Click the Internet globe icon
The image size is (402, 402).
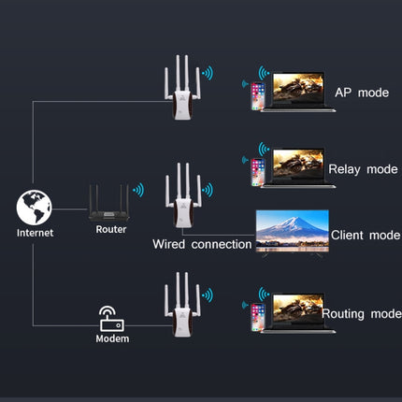pyautogui.click(x=35, y=208)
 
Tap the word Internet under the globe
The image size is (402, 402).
pyautogui.click(x=36, y=233)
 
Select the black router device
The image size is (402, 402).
pyautogui.click(x=108, y=203)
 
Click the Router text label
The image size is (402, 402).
pyautogui.click(x=111, y=229)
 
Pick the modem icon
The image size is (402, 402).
pyautogui.click(x=112, y=319)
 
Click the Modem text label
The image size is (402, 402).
pyautogui.click(x=112, y=338)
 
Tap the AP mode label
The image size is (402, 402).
pyautogui.click(x=362, y=93)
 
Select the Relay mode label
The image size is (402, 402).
pyautogui.click(x=363, y=169)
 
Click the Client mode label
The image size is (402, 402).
pyautogui.click(x=366, y=235)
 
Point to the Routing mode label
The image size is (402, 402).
pyautogui.click(x=362, y=314)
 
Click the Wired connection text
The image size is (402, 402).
pyautogui.click(x=202, y=244)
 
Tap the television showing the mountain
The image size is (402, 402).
pyautogui.click(x=293, y=233)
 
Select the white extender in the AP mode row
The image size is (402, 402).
pyautogui.click(x=182, y=88)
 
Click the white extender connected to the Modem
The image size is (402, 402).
pyautogui.click(x=182, y=306)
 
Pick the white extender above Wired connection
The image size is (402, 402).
pyautogui.click(x=183, y=195)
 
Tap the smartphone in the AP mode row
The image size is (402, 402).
pyautogui.click(x=258, y=96)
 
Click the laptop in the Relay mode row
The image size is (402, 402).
pyautogui.click(x=298, y=168)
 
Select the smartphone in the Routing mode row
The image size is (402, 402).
pyautogui.click(x=258, y=317)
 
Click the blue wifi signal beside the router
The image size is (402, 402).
pyautogui.click(x=138, y=190)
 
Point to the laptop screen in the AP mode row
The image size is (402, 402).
pyautogui.click(x=298, y=87)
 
